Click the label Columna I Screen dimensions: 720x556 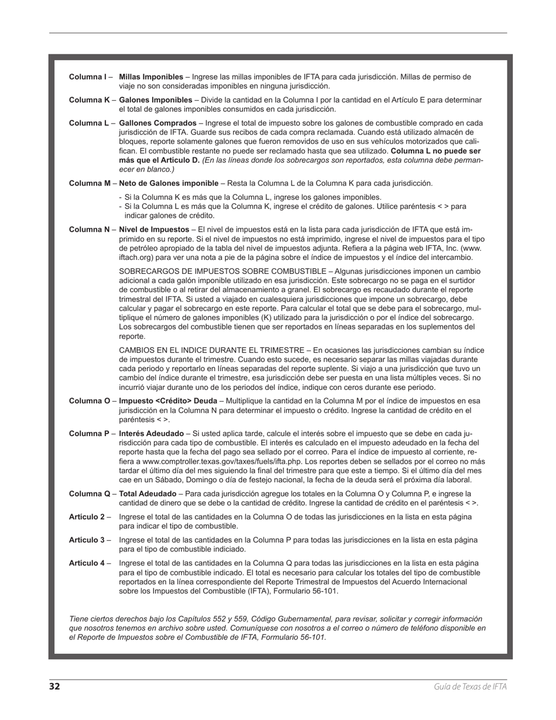(87, 77)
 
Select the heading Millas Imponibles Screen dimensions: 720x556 (151, 77)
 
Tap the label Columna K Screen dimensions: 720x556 (89, 100)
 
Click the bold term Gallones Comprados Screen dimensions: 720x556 (157, 123)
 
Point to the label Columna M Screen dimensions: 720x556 (90, 183)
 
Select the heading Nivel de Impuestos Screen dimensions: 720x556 (154, 229)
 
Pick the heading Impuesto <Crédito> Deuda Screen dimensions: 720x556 (168, 402)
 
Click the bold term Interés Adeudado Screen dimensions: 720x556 (151, 434)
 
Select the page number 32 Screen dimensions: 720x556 (54, 687)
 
